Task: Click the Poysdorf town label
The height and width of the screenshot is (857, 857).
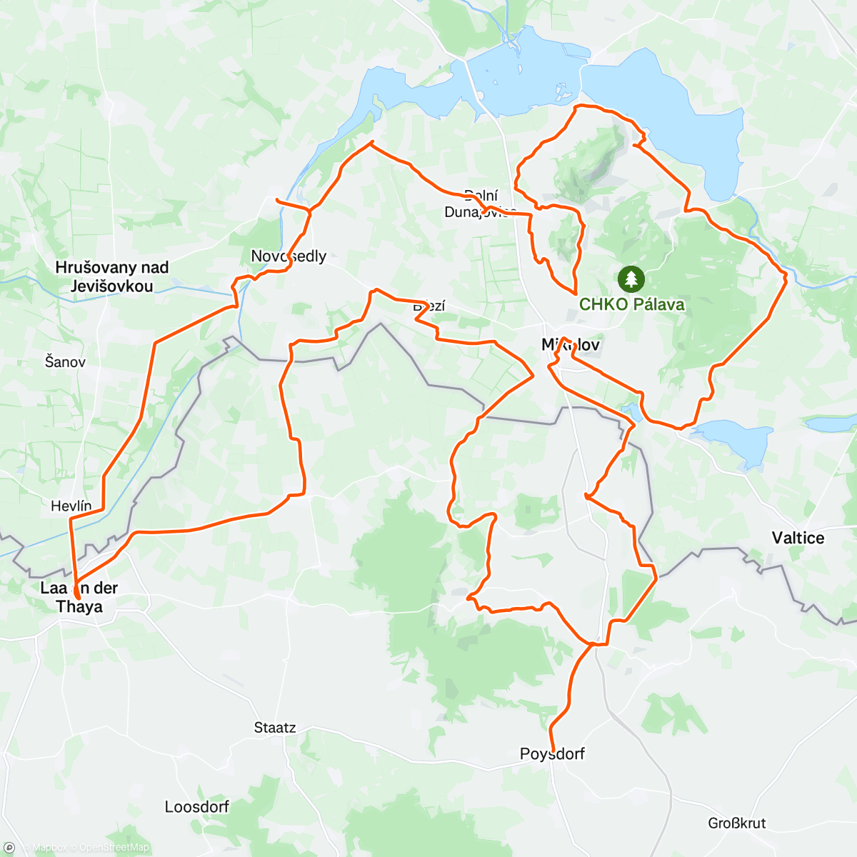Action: pyautogui.click(x=552, y=754)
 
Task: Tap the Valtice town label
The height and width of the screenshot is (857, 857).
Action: pyautogui.click(x=798, y=538)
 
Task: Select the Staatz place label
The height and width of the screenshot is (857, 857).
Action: pyautogui.click(x=275, y=728)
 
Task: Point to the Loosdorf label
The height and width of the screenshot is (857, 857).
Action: pyautogui.click(x=197, y=807)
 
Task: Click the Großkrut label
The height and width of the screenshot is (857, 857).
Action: pyautogui.click(x=737, y=823)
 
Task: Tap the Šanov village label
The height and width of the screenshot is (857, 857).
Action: pyautogui.click(x=65, y=361)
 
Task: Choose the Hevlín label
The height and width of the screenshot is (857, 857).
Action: pyautogui.click(x=71, y=506)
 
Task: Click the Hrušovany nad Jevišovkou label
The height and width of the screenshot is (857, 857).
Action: pyautogui.click(x=112, y=276)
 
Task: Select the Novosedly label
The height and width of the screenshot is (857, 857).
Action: pyautogui.click(x=289, y=256)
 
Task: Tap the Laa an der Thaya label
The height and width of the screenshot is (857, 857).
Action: pyautogui.click(x=79, y=597)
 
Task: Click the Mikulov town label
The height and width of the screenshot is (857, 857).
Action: pyautogui.click(x=571, y=345)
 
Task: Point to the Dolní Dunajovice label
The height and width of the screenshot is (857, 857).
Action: pyautogui.click(x=480, y=204)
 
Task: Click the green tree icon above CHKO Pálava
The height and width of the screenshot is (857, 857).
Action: pyautogui.click(x=631, y=279)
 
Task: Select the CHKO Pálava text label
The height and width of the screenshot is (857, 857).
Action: pyautogui.click(x=631, y=304)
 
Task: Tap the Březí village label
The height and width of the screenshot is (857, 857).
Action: pyautogui.click(x=429, y=306)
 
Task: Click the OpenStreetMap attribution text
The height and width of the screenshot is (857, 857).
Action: pyautogui.click(x=114, y=848)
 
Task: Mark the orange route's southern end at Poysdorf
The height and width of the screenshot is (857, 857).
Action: pyautogui.click(x=553, y=751)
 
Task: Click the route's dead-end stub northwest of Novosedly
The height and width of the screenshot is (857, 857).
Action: pyautogui.click(x=277, y=199)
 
